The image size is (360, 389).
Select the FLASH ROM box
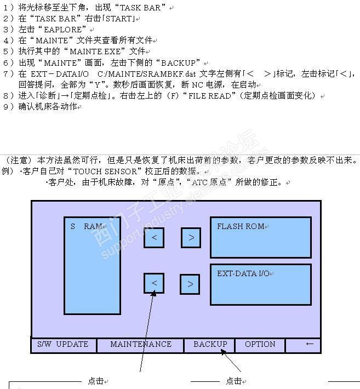[260, 237]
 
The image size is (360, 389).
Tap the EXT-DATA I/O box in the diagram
[260, 284]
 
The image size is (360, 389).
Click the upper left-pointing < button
[154, 238]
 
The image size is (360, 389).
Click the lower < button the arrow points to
[154, 283]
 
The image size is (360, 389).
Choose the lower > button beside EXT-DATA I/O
[190, 284]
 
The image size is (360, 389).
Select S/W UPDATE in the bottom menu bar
[62, 345]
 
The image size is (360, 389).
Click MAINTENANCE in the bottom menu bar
[141, 345]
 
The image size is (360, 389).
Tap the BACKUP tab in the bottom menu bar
[210, 345]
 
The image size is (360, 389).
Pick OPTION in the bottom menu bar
[260, 345]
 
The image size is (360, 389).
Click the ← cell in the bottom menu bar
[310, 344]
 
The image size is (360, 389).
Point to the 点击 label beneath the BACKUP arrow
[234, 381]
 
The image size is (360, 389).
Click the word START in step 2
[122, 19]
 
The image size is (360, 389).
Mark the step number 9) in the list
[8, 107]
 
